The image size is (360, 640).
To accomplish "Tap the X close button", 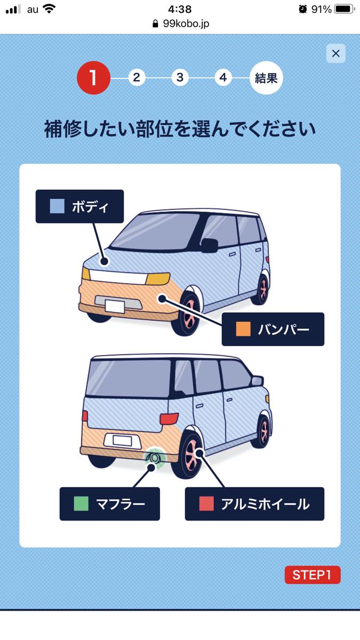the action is [335, 53].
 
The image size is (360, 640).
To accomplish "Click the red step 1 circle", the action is [94, 78].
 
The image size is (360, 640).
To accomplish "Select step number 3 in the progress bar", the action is [180, 77].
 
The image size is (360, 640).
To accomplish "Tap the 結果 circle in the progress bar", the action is [266, 78].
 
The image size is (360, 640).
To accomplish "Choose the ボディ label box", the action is [79, 206].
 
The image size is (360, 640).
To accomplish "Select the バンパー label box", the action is [273, 329].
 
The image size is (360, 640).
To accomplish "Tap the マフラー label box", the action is [110, 503].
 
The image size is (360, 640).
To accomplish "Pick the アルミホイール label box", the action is [254, 503].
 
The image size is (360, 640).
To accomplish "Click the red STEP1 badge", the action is [313, 574].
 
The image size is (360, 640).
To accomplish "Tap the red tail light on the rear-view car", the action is [169, 419].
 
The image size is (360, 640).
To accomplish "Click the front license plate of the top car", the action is [115, 306].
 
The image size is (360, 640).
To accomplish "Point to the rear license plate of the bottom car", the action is [122, 441].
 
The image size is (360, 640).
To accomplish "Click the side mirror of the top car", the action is [210, 245].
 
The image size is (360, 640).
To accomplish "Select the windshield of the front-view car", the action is [154, 231].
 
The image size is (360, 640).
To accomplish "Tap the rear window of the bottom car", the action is [129, 378].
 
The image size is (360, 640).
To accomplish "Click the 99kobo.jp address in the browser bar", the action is [186, 23].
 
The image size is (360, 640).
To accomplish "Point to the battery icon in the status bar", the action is [345, 9].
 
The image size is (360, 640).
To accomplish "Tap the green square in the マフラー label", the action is [81, 503].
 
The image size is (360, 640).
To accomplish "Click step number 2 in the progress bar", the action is [137, 77].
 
